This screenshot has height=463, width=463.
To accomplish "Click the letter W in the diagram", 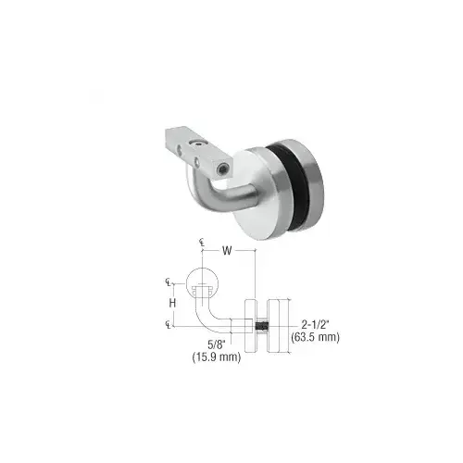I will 227,248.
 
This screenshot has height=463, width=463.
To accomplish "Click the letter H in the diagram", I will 172,302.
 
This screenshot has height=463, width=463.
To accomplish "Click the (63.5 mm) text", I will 316,337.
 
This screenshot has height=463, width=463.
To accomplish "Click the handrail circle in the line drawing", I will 201,281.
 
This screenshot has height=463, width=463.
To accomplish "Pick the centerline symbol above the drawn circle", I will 201,243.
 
